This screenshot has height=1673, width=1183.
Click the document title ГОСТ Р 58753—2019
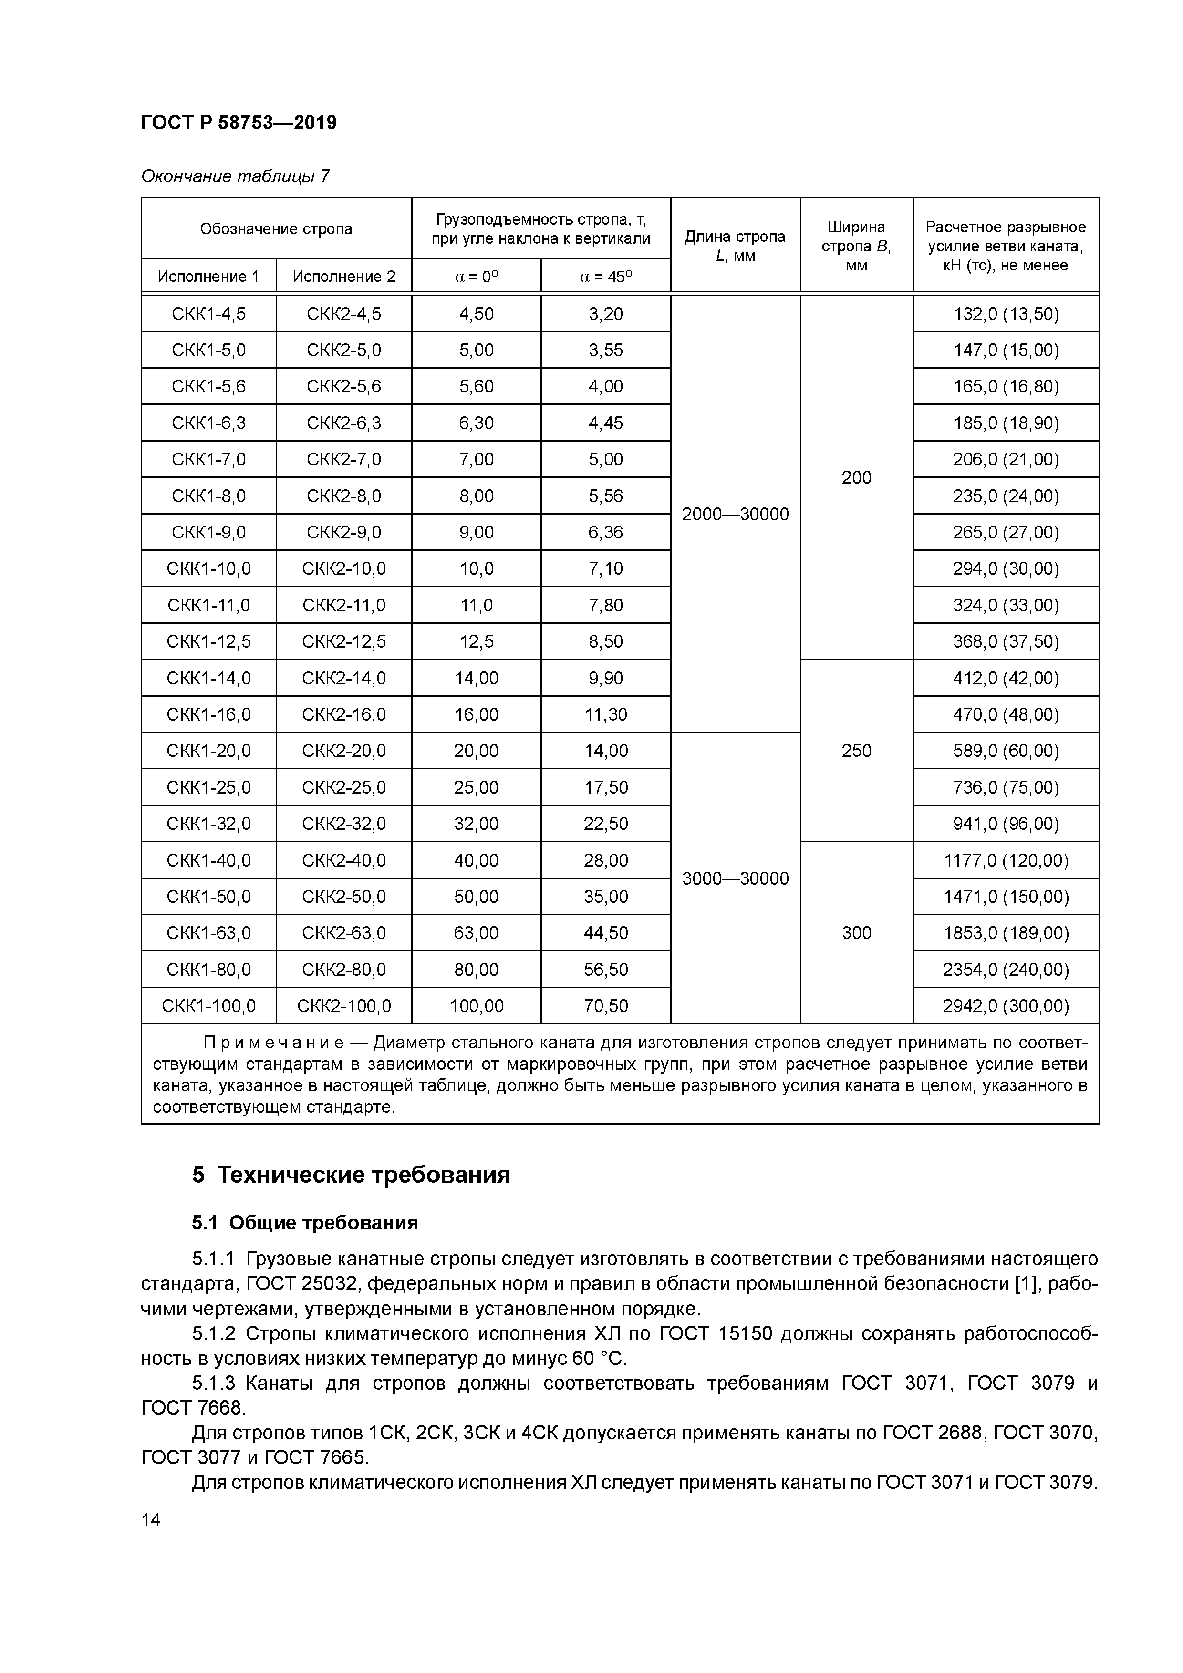[x=239, y=123]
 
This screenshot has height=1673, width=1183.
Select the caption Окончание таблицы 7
[x=235, y=176]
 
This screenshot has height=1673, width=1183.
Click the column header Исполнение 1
[x=208, y=277]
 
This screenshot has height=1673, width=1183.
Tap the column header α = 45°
[x=606, y=277]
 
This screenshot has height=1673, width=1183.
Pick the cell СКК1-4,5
[x=208, y=314]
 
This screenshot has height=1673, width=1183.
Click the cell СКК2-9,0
[x=343, y=533]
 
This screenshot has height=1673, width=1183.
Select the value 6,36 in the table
[x=606, y=533]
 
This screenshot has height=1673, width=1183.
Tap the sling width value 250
[x=856, y=751]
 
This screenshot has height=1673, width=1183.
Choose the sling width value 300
[x=856, y=933]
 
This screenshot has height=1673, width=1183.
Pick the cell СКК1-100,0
[x=208, y=1006]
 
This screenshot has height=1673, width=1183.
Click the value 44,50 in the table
[x=606, y=933]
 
